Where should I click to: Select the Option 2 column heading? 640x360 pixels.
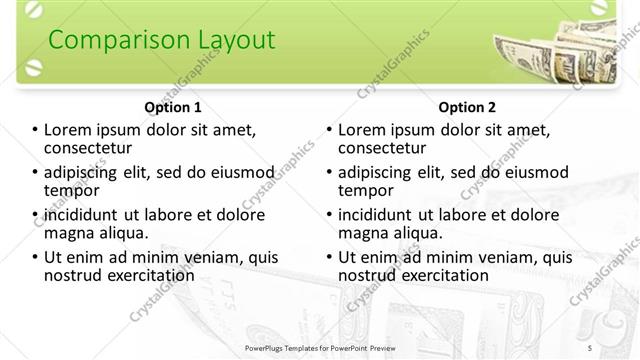[466, 107]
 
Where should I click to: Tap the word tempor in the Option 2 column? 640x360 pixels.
[365, 190]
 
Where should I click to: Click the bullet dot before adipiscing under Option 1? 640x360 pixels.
[35, 172]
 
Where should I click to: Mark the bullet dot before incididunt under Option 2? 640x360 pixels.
[329, 215]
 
